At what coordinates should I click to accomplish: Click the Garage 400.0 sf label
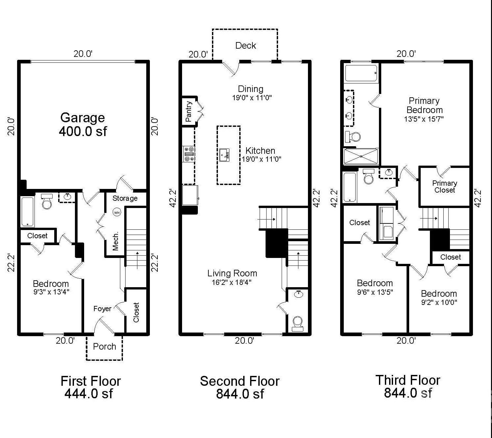[x=82, y=124]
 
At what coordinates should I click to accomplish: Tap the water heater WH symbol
[x=117, y=213]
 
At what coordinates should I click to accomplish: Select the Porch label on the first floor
[x=105, y=346]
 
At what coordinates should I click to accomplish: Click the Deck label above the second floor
[x=246, y=45]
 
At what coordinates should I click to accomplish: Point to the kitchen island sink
[x=224, y=155]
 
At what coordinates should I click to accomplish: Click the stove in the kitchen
[x=189, y=154]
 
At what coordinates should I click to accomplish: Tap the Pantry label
[x=188, y=111]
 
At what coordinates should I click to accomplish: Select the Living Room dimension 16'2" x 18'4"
[x=231, y=282]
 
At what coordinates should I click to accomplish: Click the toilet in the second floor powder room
[x=297, y=324]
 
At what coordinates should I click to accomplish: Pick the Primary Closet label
[x=445, y=186]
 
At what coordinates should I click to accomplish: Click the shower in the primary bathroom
[x=361, y=156]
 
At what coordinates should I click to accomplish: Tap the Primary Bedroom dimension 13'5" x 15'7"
[x=424, y=119]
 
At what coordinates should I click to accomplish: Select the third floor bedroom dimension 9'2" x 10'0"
[x=439, y=303]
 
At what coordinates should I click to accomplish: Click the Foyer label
[x=102, y=309]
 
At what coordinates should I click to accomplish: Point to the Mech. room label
[x=116, y=241]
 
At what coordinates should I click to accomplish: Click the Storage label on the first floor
[x=125, y=198]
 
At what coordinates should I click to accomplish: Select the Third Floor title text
[x=408, y=380]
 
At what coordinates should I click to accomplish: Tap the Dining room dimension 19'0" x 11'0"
[x=252, y=98]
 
